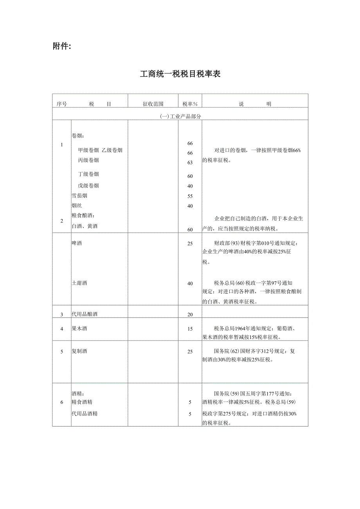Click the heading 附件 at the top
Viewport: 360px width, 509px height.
coord(62,47)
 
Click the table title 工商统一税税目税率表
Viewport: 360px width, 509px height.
coord(180,74)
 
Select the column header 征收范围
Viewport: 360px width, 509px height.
coord(153,104)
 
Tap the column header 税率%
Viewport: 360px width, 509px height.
coord(190,104)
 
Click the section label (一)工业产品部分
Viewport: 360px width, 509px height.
coord(180,116)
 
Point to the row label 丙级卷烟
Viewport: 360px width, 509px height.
coord(88,160)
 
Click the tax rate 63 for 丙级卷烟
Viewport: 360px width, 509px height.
coord(190,162)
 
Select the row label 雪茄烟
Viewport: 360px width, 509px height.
coord(79,196)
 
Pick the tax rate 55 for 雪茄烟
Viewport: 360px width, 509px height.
coord(190,196)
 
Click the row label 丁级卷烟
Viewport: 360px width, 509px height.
coord(88,174)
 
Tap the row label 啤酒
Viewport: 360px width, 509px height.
coord(77,243)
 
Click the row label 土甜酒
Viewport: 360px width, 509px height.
coord(79,283)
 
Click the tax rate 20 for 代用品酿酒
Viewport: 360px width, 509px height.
coord(190,315)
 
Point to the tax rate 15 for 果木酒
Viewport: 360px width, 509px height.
coord(190,329)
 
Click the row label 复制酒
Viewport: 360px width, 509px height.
coord(79,351)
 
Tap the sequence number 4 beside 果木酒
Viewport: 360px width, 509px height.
coord(62,329)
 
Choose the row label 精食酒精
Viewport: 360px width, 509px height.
coord(82,402)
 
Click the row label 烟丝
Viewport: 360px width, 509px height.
coord(77,206)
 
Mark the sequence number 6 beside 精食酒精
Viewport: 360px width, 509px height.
coord(62,402)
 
